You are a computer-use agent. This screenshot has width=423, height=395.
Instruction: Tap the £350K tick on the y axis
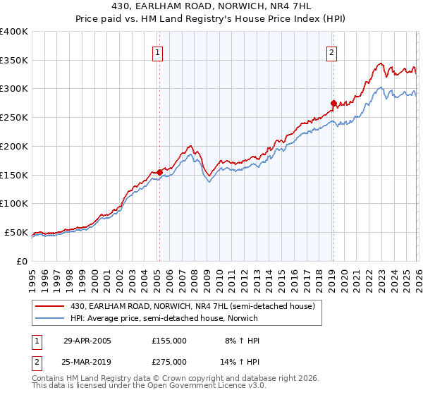coord(14,61)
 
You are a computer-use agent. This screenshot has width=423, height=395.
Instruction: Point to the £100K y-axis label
coord(14,203)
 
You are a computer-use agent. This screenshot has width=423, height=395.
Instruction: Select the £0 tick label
coord(21,261)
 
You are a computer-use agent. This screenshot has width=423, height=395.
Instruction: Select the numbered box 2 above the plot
coord(331,51)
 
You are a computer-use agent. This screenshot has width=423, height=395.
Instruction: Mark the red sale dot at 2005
coord(160,171)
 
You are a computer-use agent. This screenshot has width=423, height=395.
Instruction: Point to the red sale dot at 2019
coord(333,102)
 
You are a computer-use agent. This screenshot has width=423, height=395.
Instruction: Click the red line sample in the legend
coord(51,305)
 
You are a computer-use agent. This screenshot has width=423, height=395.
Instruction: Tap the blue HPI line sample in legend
coord(51,317)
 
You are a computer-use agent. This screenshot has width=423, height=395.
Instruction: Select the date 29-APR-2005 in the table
coord(87,341)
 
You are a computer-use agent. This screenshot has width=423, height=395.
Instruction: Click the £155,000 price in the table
coord(168,341)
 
